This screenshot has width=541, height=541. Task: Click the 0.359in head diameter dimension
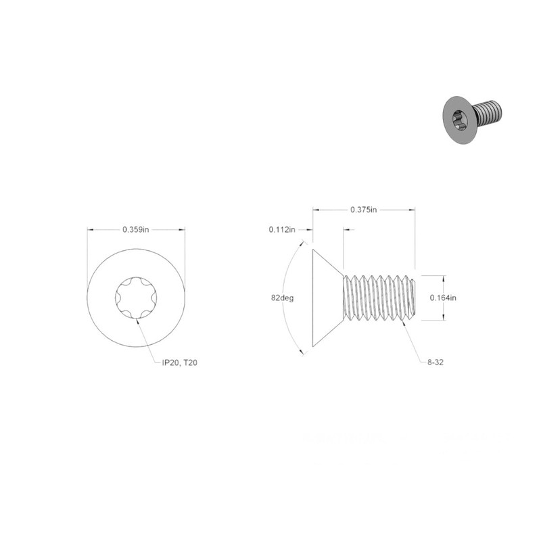pos(136,229)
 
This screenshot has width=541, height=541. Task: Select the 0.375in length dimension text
pos(364,210)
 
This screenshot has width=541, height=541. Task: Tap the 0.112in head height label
pos(282,229)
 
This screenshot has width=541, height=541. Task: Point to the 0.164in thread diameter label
pos(443,298)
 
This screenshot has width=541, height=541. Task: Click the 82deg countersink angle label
pos(282,298)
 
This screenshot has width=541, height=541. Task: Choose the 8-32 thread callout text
pos(436,362)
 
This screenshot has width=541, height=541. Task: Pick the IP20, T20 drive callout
pos(179,362)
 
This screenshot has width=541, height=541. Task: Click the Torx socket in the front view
pos(136,298)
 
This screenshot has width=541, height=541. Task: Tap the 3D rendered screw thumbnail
pos(472,120)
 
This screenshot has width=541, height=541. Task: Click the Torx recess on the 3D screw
pos(460,120)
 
